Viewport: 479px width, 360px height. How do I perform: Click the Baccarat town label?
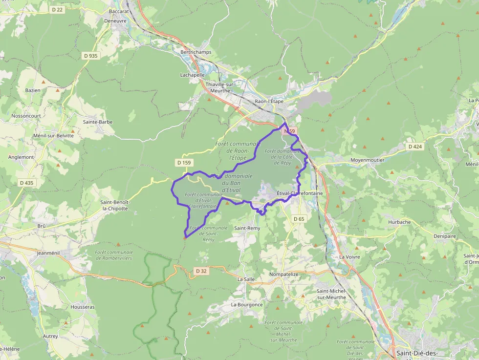click(x=119, y=11)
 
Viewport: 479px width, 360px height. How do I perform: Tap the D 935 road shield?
click(x=91, y=56)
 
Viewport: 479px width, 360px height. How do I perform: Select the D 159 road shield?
click(x=184, y=162)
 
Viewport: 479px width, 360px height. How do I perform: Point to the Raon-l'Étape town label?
click(x=269, y=102)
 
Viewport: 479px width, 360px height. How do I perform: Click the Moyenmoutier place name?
click(x=368, y=160)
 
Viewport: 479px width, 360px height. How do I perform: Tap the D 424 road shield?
click(x=414, y=147)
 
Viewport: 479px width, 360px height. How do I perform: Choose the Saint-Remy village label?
click(x=247, y=228)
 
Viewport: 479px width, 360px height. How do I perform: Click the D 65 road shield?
click(x=299, y=219)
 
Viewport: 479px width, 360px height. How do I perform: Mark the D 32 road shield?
click(x=201, y=271)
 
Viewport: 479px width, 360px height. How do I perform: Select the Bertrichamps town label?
click(x=196, y=52)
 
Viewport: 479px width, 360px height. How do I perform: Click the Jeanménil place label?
click(x=51, y=254)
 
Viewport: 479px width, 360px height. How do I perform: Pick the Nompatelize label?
click(x=284, y=275)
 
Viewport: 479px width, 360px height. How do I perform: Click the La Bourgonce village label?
click(x=247, y=304)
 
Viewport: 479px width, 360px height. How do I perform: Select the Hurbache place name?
click(x=399, y=222)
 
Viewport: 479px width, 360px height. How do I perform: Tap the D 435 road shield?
click(x=27, y=183)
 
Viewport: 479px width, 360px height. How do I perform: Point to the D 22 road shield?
click(x=57, y=9)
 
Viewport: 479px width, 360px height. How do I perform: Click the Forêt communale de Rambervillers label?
click(x=113, y=255)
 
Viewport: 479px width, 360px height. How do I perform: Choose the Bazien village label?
click(x=33, y=90)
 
